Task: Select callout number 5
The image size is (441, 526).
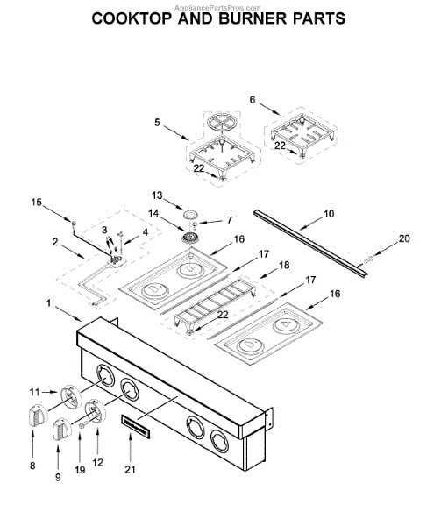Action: tap(158, 123)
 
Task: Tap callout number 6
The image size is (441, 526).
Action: tap(253, 100)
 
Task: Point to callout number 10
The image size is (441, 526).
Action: tap(329, 213)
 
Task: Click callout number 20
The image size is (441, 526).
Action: tap(404, 238)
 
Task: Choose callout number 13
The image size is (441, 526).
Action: tap(157, 195)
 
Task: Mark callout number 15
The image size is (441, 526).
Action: tap(37, 203)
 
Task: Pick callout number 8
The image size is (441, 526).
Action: tap(32, 466)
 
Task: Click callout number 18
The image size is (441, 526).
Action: tap(283, 264)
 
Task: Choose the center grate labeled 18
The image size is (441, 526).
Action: tap(215, 302)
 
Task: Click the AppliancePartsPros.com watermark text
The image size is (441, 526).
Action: tap(220, 5)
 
